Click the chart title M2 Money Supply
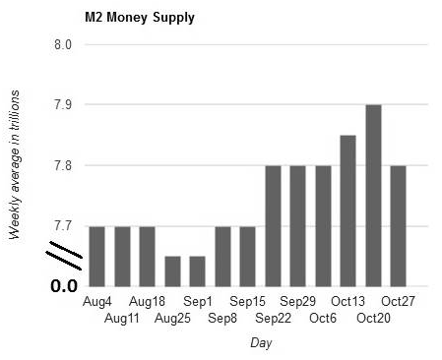click(x=140, y=18)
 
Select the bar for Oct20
click(x=373, y=196)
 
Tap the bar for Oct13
click(x=347, y=210)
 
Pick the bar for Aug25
click(x=172, y=271)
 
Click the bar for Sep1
click(x=198, y=271)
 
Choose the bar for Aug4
click(x=96, y=257)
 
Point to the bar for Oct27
click(x=398, y=226)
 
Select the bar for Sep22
click(x=273, y=226)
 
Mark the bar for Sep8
click(x=222, y=257)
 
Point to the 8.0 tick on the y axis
click(x=63, y=44)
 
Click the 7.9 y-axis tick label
click(x=63, y=105)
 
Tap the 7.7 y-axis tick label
click(x=63, y=226)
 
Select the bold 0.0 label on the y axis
click(x=64, y=286)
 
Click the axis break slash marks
click(x=64, y=256)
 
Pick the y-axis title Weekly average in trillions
click(x=14, y=165)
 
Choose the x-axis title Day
click(x=261, y=343)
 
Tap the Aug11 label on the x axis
click(x=122, y=318)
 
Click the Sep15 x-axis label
click(x=247, y=301)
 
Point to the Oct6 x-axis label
click(x=323, y=318)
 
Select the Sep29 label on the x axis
click(x=297, y=301)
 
